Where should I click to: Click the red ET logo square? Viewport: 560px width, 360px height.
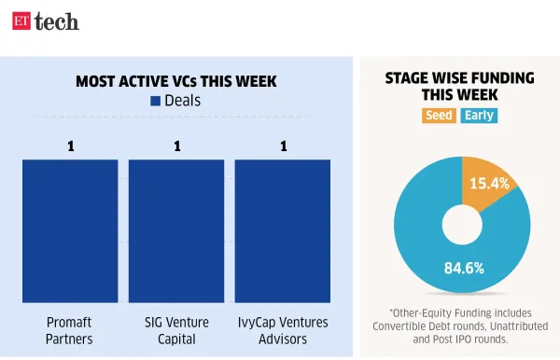pos(21,21)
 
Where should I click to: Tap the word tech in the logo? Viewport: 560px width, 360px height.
pos(57,21)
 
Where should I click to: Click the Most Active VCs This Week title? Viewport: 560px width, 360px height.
pos(176,81)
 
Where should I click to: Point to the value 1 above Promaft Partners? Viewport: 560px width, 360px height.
pos(70,145)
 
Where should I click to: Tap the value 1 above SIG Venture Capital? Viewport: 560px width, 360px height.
pos(175,145)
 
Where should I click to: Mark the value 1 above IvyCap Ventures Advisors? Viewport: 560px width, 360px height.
pos(284,145)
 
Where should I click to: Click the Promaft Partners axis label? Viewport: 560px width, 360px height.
pos(70,330)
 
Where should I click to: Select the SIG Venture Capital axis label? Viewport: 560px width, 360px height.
pos(175,330)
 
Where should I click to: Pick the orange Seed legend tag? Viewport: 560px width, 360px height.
pos(438,116)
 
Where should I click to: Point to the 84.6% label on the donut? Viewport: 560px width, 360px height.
pos(463,269)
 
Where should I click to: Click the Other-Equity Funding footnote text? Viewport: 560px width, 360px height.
pos(460,325)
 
